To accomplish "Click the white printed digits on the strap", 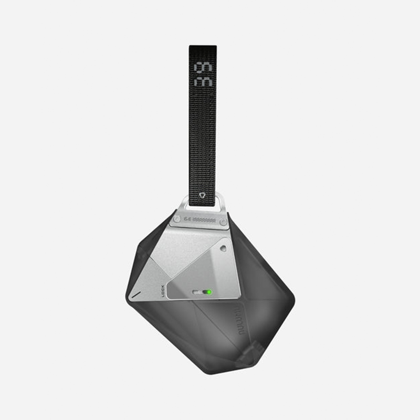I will tap(203, 75).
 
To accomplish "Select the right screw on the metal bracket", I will tap(223, 222).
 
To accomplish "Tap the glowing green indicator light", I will tap(208, 292).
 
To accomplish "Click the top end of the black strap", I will tap(203, 48).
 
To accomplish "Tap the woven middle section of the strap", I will tap(203, 136).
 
